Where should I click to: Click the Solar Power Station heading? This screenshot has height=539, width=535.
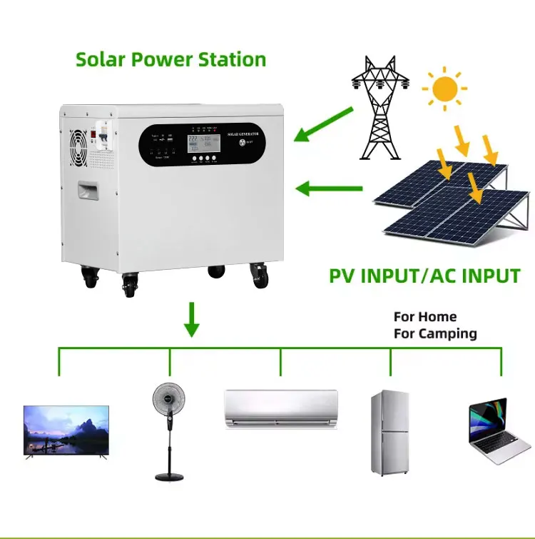point(170,59)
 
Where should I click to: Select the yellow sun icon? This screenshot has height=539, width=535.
point(444,89)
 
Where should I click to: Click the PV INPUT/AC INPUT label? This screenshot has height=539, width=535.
point(424,276)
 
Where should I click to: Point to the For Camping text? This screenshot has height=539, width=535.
point(435,333)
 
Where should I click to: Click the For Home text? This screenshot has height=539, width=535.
point(425,316)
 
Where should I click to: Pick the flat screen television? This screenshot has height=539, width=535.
point(66,431)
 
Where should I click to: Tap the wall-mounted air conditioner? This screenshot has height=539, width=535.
point(280,408)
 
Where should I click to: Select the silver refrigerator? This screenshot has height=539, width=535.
point(390,433)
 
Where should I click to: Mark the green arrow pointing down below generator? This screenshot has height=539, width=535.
point(191,319)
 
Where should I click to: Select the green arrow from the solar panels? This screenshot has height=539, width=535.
point(329,189)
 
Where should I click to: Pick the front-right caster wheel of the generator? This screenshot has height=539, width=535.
point(260,275)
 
